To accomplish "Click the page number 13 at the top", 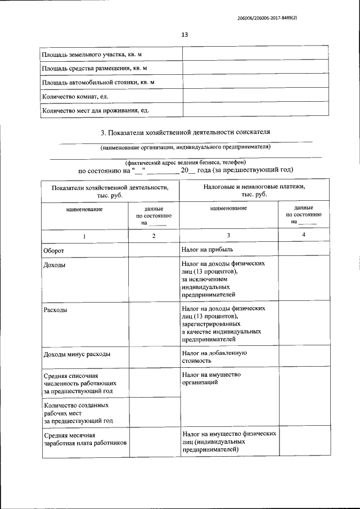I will [184, 35].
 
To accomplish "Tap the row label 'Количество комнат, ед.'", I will [67, 96].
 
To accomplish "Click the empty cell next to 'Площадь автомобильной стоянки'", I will [255, 82].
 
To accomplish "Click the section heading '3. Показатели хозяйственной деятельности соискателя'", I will [185, 132].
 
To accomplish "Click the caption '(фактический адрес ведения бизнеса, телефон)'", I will [185, 162].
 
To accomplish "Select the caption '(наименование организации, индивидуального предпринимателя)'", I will [185, 147].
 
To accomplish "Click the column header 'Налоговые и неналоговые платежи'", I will [253, 186].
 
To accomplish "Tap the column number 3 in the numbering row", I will [228, 235].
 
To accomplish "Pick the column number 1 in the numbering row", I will [84, 236].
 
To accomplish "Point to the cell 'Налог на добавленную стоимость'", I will [214, 357].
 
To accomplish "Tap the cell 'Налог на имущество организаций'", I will [211, 378].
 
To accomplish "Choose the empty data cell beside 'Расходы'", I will [154, 325].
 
